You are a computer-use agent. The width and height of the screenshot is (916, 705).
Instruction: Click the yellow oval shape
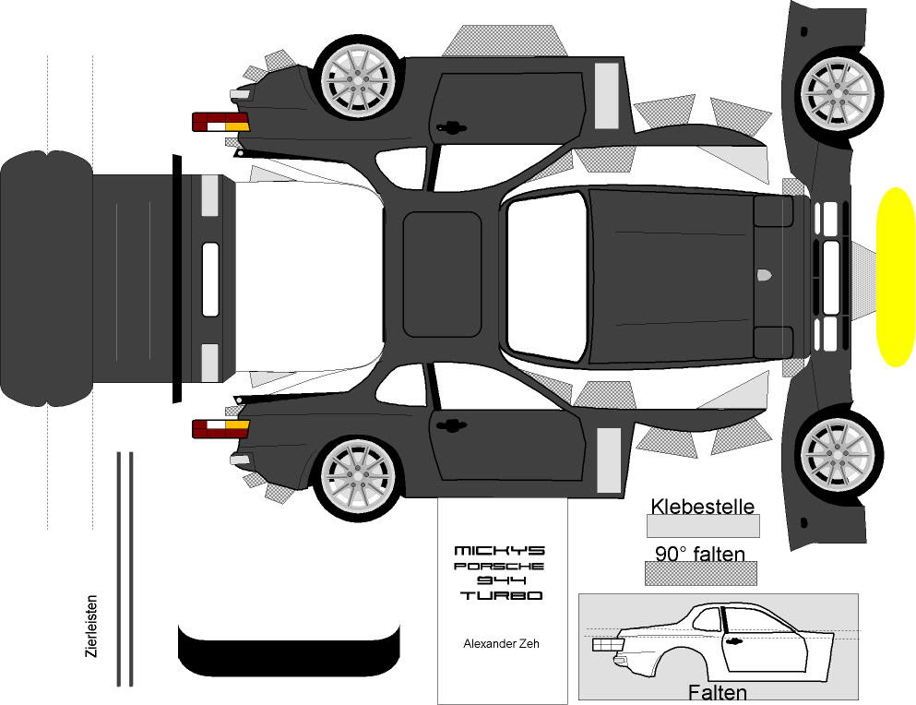tap(894, 277)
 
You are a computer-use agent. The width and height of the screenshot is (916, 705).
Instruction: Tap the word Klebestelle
tap(702, 506)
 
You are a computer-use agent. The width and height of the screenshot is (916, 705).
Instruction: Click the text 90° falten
tap(700, 554)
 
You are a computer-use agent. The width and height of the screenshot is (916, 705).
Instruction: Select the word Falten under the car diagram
tap(718, 692)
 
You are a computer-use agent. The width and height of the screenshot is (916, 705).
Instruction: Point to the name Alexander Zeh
tap(501, 644)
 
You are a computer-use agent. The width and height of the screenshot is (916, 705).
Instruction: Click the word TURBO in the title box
tap(501, 596)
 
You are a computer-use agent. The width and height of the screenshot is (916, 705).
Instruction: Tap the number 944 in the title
tap(501, 580)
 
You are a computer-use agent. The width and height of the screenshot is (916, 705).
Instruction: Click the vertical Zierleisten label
tap(90, 626)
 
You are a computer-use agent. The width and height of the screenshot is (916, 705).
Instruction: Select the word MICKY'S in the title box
tap(501, 551)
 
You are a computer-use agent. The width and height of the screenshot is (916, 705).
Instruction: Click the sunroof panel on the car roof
tap(442, 274)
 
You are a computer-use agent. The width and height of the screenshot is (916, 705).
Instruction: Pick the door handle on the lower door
tap(452, 424)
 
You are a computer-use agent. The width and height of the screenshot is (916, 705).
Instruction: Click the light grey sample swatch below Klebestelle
tap(702, 526)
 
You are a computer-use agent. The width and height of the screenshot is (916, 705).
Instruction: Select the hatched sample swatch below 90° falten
tap(700, 573)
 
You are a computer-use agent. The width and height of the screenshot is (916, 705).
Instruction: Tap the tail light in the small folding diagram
tap(607, 645)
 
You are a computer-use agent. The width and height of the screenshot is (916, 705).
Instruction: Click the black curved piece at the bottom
tap(289, 652)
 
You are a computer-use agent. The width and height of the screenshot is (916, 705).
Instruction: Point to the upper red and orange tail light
tap(220, 122)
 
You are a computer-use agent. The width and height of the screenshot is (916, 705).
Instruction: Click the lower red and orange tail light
tap(220, 428)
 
